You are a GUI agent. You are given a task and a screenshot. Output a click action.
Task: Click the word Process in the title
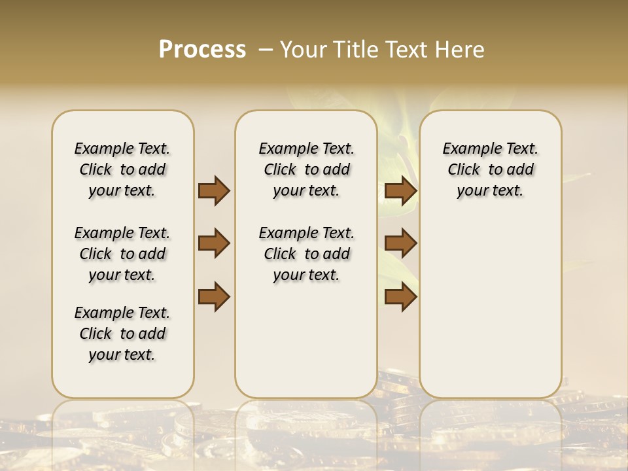pyautogui.click(x=202, y=50)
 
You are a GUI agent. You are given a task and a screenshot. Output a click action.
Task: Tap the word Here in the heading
pyautogui.click(x=462, y=50)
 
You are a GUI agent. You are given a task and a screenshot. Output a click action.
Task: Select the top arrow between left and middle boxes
pyautogui.click(x=214, y=191)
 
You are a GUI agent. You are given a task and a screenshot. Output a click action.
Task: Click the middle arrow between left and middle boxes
pyautogui.click(x=214, y=243)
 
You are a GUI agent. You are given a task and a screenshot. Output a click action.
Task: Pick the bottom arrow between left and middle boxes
pyautogui.click(x=214, y=296)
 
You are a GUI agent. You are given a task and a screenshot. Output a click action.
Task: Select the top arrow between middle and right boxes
pyautogui.click(x=400, y=191)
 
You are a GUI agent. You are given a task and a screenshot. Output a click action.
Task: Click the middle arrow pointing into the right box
pyautogui.click(x=400, y=243)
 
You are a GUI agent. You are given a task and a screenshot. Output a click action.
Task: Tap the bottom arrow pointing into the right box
pyautogui.click(x=400, y=296)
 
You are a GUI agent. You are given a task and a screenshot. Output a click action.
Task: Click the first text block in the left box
pyautogui.click(x=122, y=169)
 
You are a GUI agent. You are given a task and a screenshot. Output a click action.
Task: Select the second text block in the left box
pyautogui.click(x=122, y=254)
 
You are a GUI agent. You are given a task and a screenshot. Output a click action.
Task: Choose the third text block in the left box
pyautogui.click(x=122, y=334)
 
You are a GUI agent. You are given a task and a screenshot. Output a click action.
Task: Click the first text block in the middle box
pyautogui.click(x=306, y=169)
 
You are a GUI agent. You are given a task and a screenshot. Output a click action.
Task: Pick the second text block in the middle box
pyautogui.click(x=306, y=254)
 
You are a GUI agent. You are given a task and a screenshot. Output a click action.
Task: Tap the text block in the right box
pyautogui.click(x=490, y=169)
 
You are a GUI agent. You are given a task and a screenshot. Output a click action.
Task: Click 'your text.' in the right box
pyautogui.click(x=490, y=191)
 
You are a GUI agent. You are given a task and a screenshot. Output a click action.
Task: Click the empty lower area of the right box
pyautogui.click(x=490, y=307)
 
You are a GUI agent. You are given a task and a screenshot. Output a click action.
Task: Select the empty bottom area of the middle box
pyautogui.click(x=306, y=347)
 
